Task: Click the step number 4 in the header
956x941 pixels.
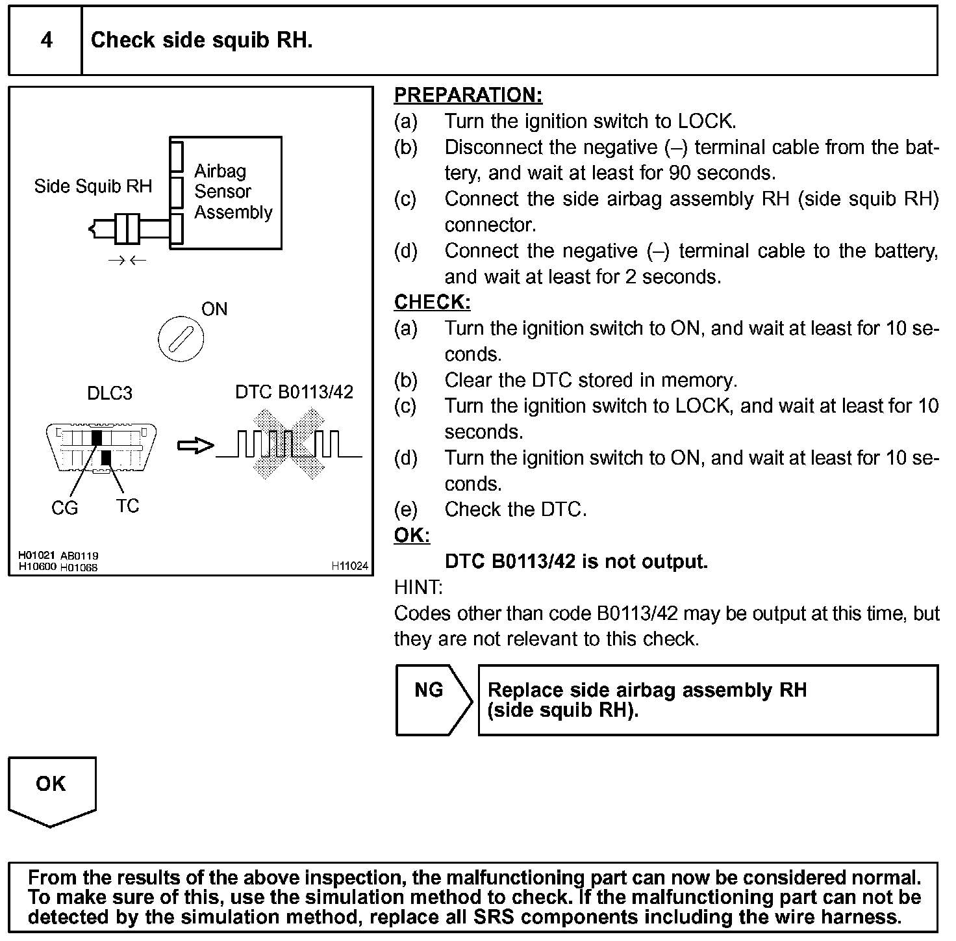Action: coord(47,40)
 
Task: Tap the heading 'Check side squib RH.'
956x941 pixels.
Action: coord(201,40)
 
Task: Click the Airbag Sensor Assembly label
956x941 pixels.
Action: coord(233,192)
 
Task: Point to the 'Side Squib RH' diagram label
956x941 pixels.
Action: coord(93,187)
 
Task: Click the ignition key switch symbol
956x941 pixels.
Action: coord(181,339)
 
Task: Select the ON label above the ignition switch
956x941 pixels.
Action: coord(214,309)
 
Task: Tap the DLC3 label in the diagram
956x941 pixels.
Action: coord(109,393)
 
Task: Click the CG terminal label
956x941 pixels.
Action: coord(64,508)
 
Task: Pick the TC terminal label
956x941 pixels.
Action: coord(127,506)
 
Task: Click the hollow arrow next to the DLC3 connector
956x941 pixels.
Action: coord(195,446)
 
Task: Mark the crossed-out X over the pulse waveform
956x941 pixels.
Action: coord(288,445)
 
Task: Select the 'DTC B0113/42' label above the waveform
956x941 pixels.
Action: coord(294,392)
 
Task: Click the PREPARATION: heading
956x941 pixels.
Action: coord(468,96)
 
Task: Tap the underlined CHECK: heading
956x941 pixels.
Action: coord(432,302)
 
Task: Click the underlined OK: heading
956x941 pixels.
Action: coord(412,535)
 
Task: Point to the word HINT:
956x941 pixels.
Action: coord(418,587)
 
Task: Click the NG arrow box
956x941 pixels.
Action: coord(433,699)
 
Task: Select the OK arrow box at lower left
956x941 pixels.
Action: coord(51,790)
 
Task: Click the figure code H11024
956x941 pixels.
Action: coord(349,566)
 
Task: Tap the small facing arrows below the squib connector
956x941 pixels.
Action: coord(127,261)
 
